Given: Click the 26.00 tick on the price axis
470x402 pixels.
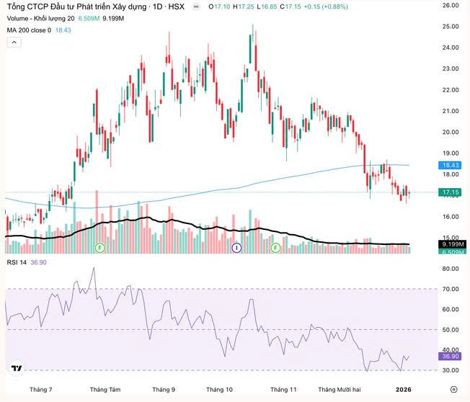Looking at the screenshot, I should tap(451, 5).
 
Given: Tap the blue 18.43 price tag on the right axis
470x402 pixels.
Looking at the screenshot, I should tap(451, 165).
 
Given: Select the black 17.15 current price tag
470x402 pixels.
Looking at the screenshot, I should tap(451, 192).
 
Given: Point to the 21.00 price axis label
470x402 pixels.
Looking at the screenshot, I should tap(451, 111).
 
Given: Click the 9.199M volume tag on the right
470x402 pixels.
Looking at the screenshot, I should tap(452, 245).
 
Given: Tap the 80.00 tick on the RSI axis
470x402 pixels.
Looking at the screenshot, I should tap(451, 269).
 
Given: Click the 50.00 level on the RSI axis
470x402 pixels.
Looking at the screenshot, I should tap(451, 330).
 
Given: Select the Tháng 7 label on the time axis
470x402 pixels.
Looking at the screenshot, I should tap(41, 389).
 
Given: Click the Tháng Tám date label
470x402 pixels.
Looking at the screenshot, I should tap(105, 389).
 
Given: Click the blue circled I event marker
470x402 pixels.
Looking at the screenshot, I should tap(236, 248).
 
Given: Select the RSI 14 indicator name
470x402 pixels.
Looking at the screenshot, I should tap(17, 262).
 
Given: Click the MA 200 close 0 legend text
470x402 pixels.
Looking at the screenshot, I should tap(29, 30).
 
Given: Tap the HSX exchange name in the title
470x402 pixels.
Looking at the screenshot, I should tap(176, 6).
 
